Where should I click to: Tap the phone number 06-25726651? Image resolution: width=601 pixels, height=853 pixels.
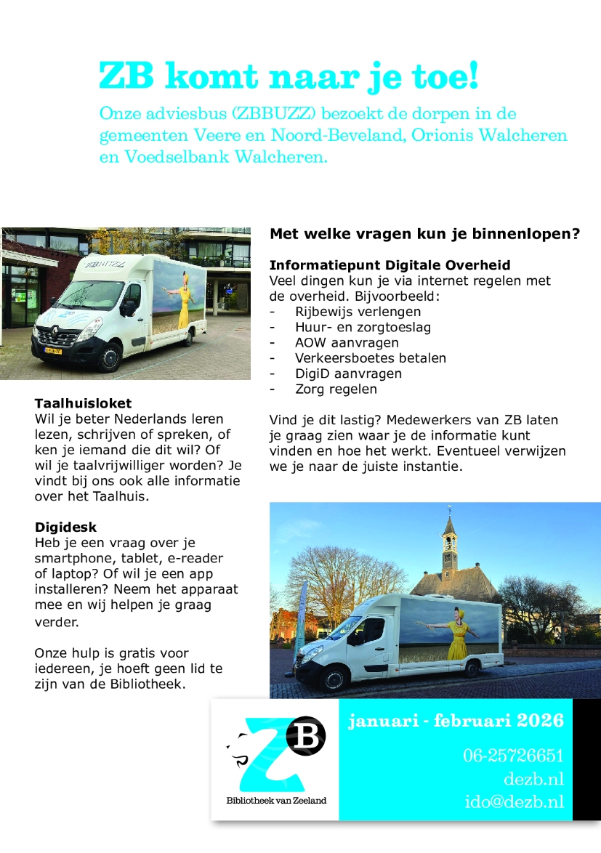coord(513,756)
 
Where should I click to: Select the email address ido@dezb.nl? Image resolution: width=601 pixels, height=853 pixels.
coord(514,802)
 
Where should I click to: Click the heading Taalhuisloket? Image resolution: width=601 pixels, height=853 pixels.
coord(83,403)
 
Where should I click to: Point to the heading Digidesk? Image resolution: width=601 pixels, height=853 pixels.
coord(65,527)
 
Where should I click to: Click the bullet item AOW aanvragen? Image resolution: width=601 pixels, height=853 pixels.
coord(336,342)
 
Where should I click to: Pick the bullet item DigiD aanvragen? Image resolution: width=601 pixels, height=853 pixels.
coord(338,373)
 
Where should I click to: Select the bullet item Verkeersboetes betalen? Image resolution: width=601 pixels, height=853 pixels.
coord(371,357)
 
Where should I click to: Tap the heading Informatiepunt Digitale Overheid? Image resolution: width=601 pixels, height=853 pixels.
coord(390,265)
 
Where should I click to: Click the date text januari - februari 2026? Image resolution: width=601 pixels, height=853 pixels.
coord(456,721)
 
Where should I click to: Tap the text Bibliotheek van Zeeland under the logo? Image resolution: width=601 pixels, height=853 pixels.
coord(276,800)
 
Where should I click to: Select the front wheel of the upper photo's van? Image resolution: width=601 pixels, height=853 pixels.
coord(110,357)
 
